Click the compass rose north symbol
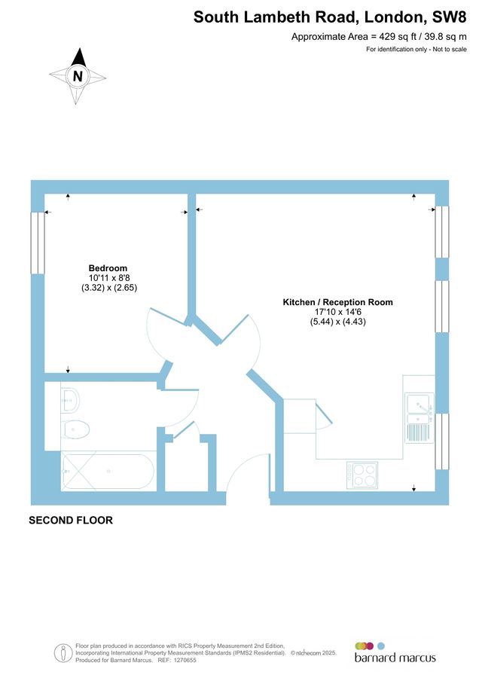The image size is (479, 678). (78, 75)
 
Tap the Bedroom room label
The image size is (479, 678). (108, 268)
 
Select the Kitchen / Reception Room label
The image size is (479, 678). (337, 302)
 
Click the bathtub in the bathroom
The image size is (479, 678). (108, 472)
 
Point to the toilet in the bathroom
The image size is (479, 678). (75, 430)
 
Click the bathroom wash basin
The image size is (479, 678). (70, 399)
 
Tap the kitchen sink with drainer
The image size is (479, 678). (417, 417)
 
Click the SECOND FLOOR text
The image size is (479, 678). (71, 520)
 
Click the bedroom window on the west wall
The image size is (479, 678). (37, 242)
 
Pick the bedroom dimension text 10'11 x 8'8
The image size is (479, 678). (108, 278)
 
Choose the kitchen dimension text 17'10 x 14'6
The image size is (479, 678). (337, 312)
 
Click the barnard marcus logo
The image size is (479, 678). (395, 652)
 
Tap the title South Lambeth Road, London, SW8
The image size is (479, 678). (330, 17)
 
